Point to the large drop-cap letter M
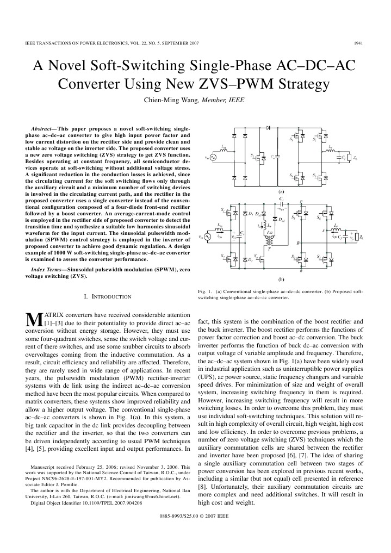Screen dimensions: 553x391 tap(34, 320)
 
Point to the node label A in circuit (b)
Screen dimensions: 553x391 tap(323, 231)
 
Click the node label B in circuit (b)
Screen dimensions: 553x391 tap(297, 243)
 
